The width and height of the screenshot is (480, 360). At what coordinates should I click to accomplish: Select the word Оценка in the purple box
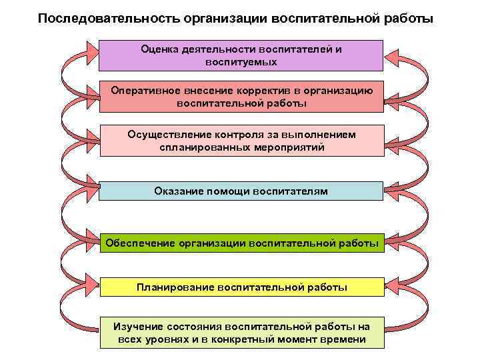[159, 49]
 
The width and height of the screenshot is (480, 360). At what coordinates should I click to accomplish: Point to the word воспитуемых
[241, 61]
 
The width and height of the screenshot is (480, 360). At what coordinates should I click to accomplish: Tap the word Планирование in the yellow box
[175, 287]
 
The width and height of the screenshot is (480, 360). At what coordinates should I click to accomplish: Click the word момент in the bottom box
[296, 339]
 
